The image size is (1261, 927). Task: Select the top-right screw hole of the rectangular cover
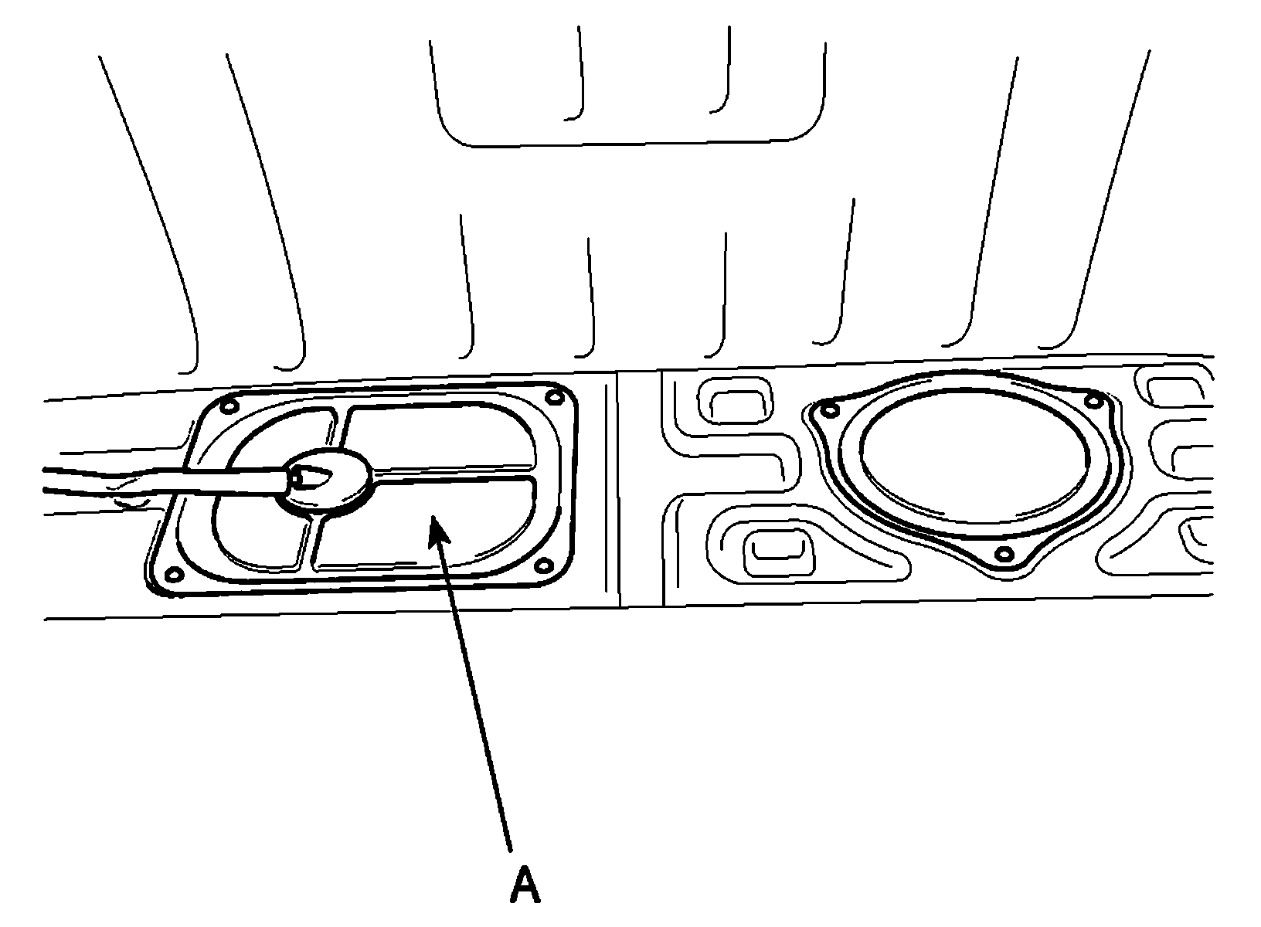click(x=552, y=398)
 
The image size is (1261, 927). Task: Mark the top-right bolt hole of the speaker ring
click(x=1093, y=400)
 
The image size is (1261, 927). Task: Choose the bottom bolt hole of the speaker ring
click(x=1004, y=553)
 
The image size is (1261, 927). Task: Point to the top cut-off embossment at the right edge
click(x=1174, y=390)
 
